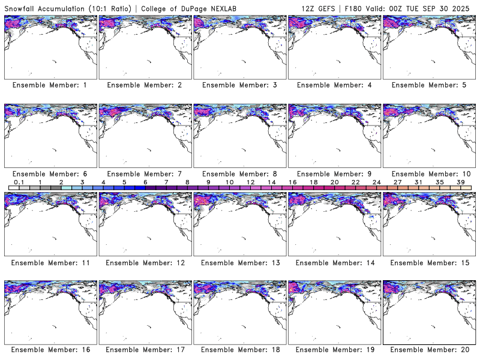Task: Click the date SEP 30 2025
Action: tap(446, 8)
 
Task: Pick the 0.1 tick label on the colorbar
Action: tap(19, 182)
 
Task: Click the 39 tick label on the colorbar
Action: tap(460, 182)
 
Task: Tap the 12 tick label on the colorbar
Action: tap(250, 182)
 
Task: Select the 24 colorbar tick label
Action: tap(376, 182)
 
